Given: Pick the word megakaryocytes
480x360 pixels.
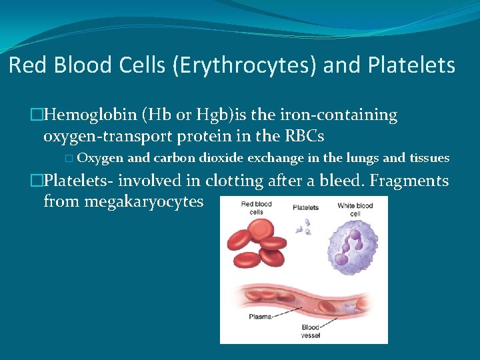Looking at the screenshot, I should pyautogui.click(x=123, y=201).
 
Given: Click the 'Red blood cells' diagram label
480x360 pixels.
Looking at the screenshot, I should pyautogui.click(x=256, y=208).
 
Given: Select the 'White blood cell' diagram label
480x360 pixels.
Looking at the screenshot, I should pyautogui.click(x=355, y=209).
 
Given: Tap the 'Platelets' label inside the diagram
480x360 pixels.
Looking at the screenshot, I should pyautogui.click(x=305, y=207).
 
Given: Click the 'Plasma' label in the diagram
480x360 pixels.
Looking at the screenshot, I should pyautogui.click(x=261, y=316).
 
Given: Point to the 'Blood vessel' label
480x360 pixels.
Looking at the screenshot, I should pyautogui.click(x=311, y=331).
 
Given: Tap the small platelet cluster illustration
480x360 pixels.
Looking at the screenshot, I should pyautogui.click(x=304, y=229).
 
